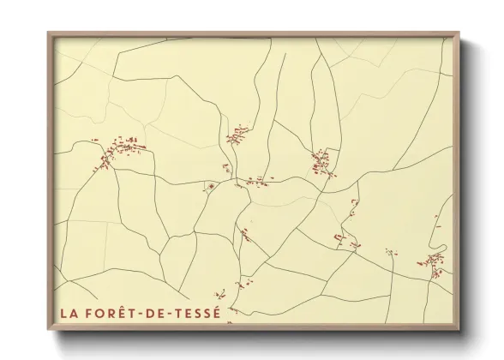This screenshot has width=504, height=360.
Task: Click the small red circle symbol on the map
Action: pos(211,185)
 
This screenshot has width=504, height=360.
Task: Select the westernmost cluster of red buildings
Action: pos(118,153)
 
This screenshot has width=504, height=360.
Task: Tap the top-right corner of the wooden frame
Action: pos(461,33)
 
